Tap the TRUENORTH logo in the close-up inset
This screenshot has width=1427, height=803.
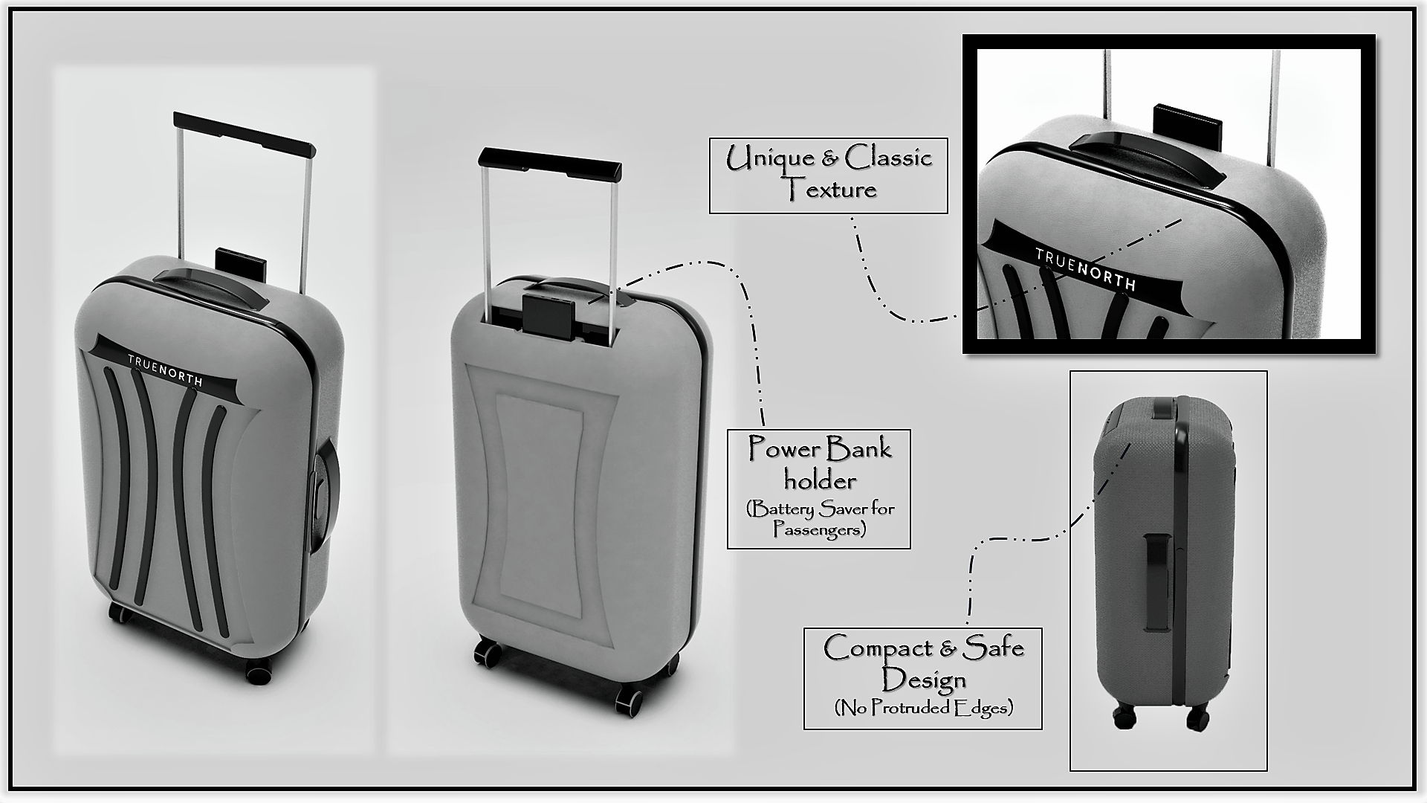[x=1085, y=269]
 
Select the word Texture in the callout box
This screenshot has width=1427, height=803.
[x=832, y=190]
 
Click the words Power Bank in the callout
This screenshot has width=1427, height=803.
[x=820, y=448]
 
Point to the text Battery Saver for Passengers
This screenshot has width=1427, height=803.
[x=819, y=519]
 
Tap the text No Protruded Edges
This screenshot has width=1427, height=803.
[x=924, y=707]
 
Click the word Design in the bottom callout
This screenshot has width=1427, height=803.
[x=924, y=680]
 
